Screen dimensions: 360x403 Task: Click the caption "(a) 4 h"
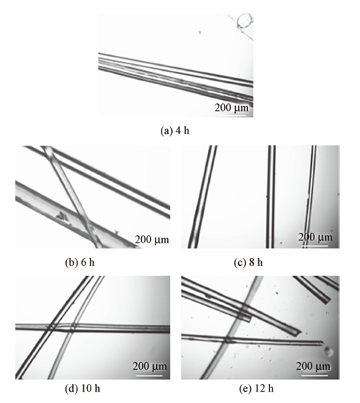[x=174, y=131]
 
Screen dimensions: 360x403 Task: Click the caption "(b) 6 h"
[x=80, y=262]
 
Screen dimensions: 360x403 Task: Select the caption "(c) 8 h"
[x=249, y=262]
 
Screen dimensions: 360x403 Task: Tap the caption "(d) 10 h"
[x=82, y=388]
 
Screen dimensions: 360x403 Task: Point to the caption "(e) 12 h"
[x=257, y=388]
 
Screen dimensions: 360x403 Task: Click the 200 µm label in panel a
[x=231, y=108]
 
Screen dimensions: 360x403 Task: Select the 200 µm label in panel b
[x=152, y=240]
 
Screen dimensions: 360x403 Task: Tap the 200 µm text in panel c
[x=315, y=237]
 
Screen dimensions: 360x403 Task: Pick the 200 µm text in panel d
[x=149, y=366]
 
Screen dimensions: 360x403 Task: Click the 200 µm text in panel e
[x=313, y=366]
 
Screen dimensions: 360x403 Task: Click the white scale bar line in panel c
[x=315, y=246]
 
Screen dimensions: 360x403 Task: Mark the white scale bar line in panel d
[x=149, y=375]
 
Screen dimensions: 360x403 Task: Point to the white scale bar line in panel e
[x=315, y=375]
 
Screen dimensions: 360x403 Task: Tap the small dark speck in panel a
[x=199, y=32]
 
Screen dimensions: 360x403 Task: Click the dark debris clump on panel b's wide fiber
[x=61, y=216]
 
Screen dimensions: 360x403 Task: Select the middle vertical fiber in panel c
[x=271, y=197]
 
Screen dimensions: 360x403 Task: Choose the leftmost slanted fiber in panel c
[x=202, y=197]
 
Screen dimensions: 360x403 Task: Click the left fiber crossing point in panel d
[x=52, y=327]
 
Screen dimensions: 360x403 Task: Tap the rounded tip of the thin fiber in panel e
[x=322, y=343]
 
